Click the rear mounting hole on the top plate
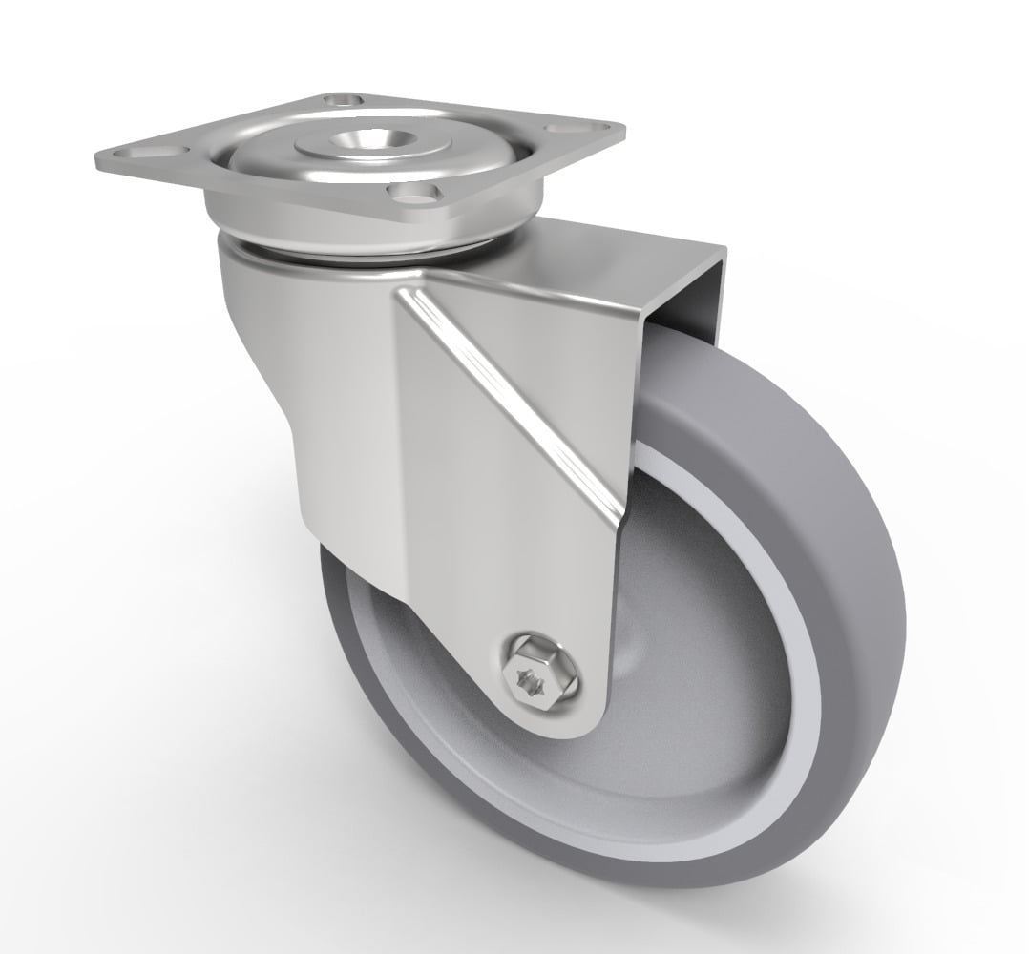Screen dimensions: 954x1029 point(343,98)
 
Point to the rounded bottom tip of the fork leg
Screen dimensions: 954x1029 point(563,725)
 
